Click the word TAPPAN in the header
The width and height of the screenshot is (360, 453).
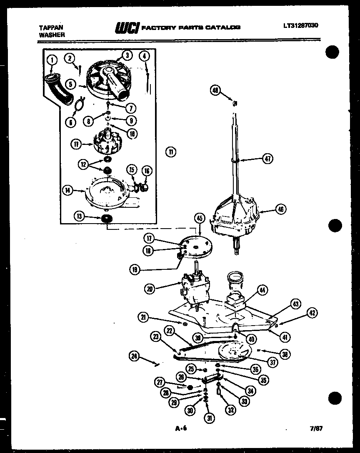pyautogui.click(x=48, y=27)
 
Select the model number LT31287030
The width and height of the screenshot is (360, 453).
pyautogui.click(x=301, y=25)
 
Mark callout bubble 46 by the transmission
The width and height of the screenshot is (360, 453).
pyautogui.click(x=280, y=210)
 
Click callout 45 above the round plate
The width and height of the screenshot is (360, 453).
pyautogui.click(x=199, y=218)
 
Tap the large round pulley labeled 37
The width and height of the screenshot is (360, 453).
pyautogui.click(x=232, y=351)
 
